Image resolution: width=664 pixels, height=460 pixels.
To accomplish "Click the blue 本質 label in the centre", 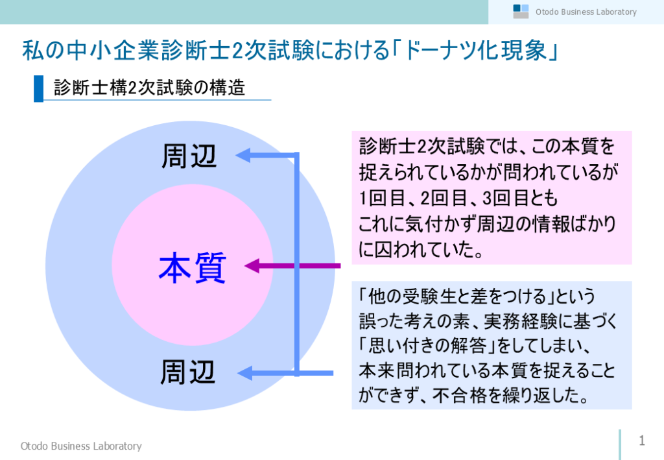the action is tap(192, 267).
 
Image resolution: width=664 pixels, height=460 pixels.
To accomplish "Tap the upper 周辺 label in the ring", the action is tap(189, 156).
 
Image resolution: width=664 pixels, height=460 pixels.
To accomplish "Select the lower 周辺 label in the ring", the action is tap(187, 372).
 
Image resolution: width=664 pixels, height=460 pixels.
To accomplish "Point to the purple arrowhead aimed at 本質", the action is tap(252, 266).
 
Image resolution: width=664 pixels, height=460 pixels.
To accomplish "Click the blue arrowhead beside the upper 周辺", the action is tap(243, 156).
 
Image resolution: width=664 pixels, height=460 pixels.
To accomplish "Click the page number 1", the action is tap(642, 441).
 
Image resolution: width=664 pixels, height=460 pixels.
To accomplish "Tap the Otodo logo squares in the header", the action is tap(521, 12).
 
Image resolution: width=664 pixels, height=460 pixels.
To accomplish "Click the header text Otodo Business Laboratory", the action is tap(586, 12).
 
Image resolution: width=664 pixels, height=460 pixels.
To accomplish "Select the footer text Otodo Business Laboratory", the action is tap(81, 446).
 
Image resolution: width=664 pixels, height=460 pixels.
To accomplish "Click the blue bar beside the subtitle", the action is tap(38, 88).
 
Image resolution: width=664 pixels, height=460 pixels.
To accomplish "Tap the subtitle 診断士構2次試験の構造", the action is tap(150, 88).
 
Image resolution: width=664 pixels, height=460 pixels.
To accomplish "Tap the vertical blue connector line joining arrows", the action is tap(297, 264).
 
